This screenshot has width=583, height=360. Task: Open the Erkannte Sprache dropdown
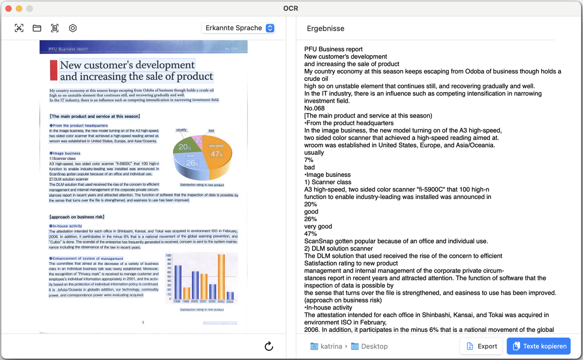coord(238,28)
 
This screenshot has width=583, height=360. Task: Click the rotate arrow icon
coord(269,346)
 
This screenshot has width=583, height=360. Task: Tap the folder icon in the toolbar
coord(37,28)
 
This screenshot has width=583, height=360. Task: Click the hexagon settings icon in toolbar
coord(73,28)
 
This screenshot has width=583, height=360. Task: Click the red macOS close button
coord(9,9)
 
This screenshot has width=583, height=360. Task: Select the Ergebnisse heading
coord(326,28)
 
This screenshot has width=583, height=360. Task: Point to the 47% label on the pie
coord(216,154)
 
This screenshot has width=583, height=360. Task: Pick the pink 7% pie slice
coord(198,140)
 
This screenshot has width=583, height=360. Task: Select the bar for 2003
coord(221,277)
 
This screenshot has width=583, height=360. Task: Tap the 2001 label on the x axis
coord(204,302)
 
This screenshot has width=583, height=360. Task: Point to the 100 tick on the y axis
coord(168,255)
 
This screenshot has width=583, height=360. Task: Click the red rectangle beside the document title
coord(53,70)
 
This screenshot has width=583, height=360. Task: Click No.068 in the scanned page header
coord(231,49)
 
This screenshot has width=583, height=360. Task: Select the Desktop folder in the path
coord(374,346)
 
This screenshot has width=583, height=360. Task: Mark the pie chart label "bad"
coord(211,130)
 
